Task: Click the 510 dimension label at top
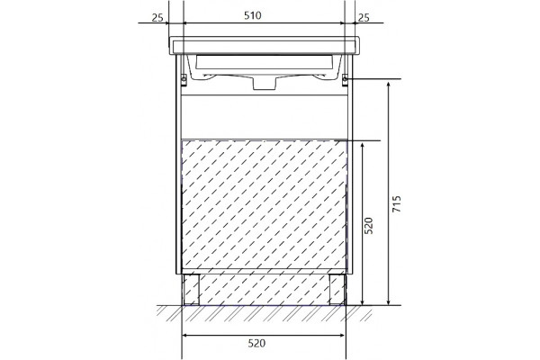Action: pos(253,15)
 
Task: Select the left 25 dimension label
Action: pos(157,18)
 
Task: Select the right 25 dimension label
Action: pos(364,18)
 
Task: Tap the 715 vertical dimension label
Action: pos(397,203)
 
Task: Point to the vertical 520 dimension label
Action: pos(369,226)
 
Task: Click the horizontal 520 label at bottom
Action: pos(256,343)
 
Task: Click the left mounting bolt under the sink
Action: pos(184,80)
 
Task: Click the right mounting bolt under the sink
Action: pos(345,80)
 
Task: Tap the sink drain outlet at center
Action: pos(265,84)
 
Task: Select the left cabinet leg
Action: pos(192,290)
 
